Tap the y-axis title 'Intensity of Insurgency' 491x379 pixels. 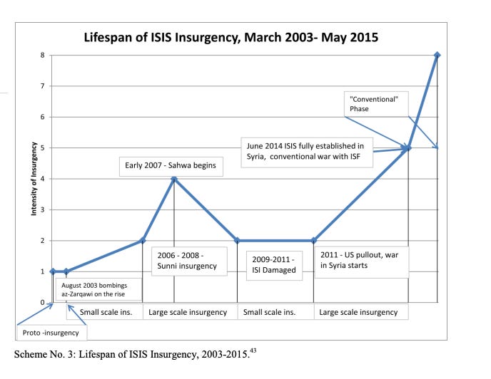click(x=34, y=179)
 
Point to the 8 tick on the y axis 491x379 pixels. click(x=43, y=55)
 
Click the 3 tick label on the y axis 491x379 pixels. click(x=43, y=209)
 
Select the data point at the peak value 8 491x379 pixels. click(x=437, y=55)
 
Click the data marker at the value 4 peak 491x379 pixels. click(x=174, y=179)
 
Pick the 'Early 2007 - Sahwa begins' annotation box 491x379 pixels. click(x=170, y=167)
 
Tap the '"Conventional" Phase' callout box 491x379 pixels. click(x=375, y=103)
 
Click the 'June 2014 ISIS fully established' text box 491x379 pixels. click(x=307, y=152)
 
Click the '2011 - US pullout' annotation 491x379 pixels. click(x=361, y=261)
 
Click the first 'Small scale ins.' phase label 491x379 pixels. click(x=104, y=312)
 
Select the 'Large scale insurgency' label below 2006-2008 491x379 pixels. click(x=188, y=312)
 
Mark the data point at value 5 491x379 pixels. click(x=408, y=148)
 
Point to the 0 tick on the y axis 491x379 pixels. click(x=43, y=302)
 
